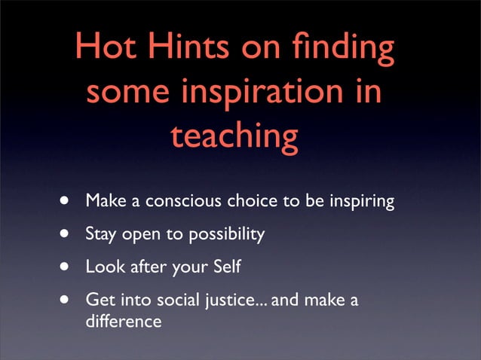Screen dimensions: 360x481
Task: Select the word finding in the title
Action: click(342, 50)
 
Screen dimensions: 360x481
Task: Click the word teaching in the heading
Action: click(234, 138)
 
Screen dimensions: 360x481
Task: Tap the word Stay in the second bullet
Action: click(100, 234)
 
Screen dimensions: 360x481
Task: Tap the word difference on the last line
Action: click(124, 321)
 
